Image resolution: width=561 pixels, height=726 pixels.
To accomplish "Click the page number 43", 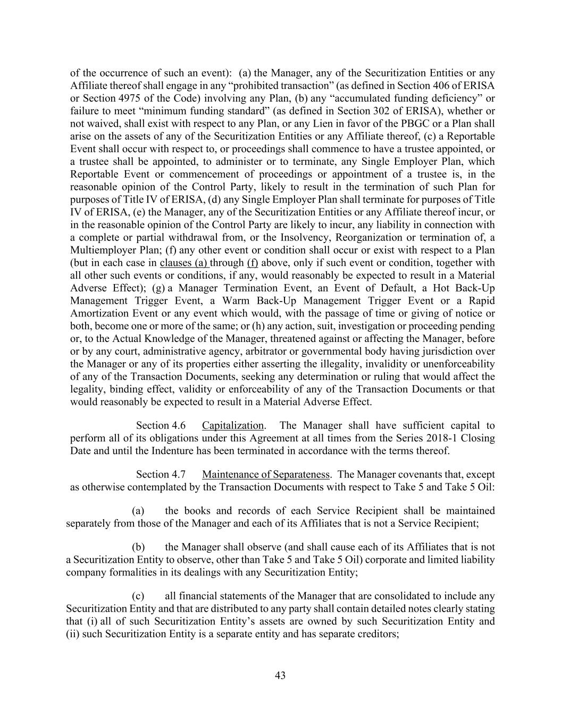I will (280, 675).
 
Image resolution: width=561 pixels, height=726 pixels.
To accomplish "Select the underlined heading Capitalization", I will (233, 425).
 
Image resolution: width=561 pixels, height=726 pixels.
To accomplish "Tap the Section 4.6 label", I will (161, 425).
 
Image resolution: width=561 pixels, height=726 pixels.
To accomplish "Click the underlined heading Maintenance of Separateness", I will (266, 474).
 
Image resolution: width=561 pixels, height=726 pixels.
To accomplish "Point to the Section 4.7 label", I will (161, 474).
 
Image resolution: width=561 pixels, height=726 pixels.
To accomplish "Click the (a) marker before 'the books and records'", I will (138, 511).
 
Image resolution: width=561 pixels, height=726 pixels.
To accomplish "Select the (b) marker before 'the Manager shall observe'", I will (138, 547).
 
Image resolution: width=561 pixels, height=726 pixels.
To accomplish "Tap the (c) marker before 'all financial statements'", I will (138, 596).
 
